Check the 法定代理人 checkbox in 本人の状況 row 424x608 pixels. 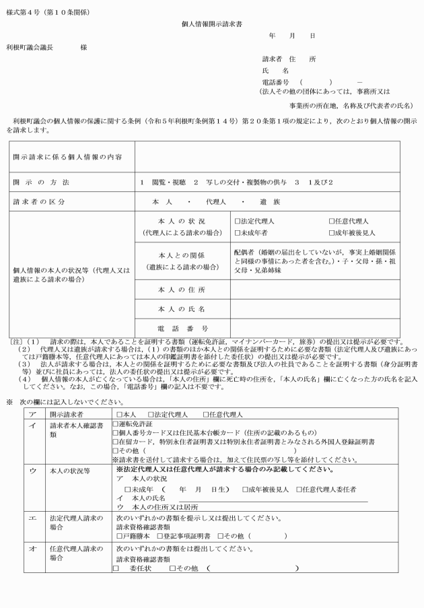[238, 221]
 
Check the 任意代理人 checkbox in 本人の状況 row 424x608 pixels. [332, 221]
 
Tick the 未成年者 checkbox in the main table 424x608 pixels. [238, 232]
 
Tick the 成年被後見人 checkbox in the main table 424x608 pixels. [332, 232]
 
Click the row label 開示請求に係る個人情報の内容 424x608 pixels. [67, 157]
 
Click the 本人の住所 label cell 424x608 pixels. [181, 290]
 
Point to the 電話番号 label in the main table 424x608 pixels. [181, 327]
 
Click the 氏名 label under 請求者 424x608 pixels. [275, 70]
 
